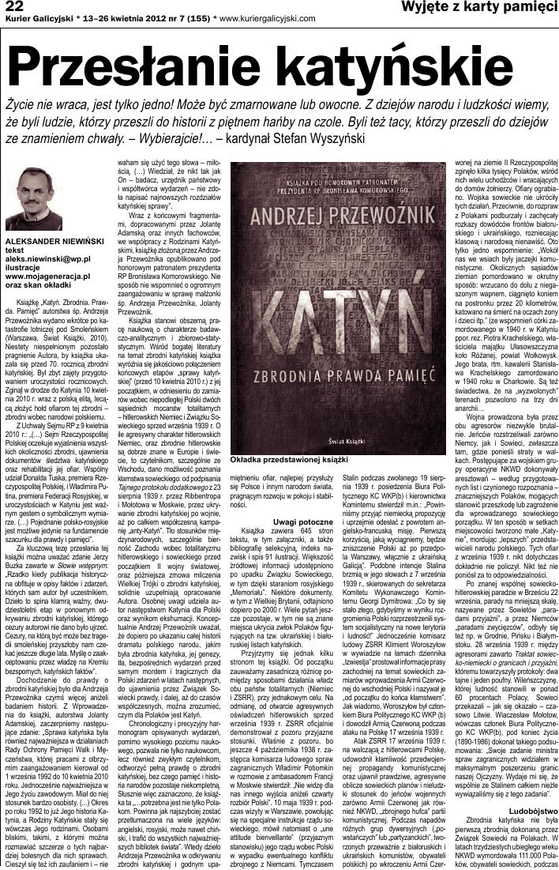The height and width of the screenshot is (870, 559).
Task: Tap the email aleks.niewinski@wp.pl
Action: (x=47, y=258)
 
